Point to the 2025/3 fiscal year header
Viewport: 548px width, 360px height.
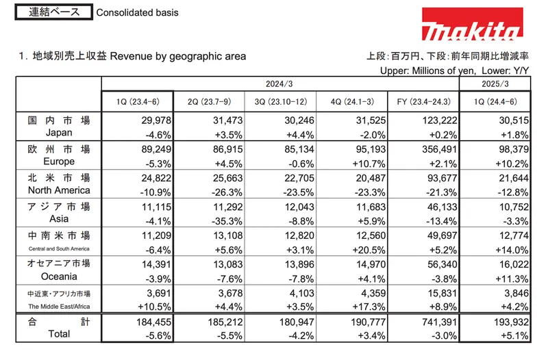point(494,83)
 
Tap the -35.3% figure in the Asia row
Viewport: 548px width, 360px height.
point(225,219)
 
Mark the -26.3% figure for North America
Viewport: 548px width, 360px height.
point(225,190)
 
